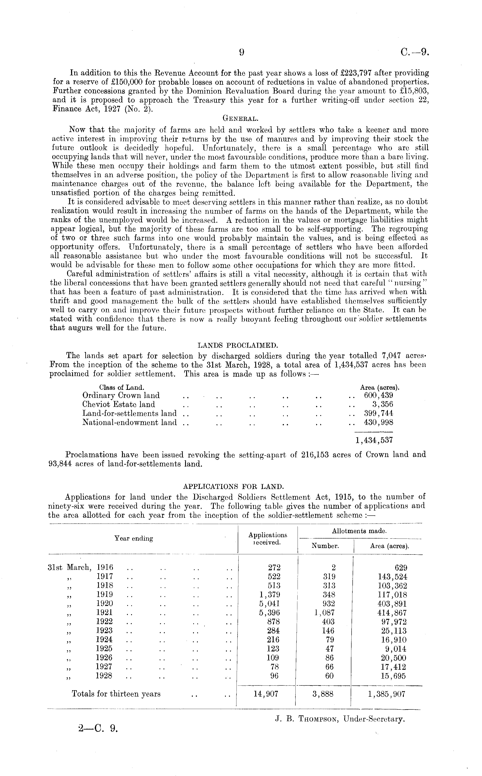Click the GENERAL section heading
click(240, 119)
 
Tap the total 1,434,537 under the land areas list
click(374, 440)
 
